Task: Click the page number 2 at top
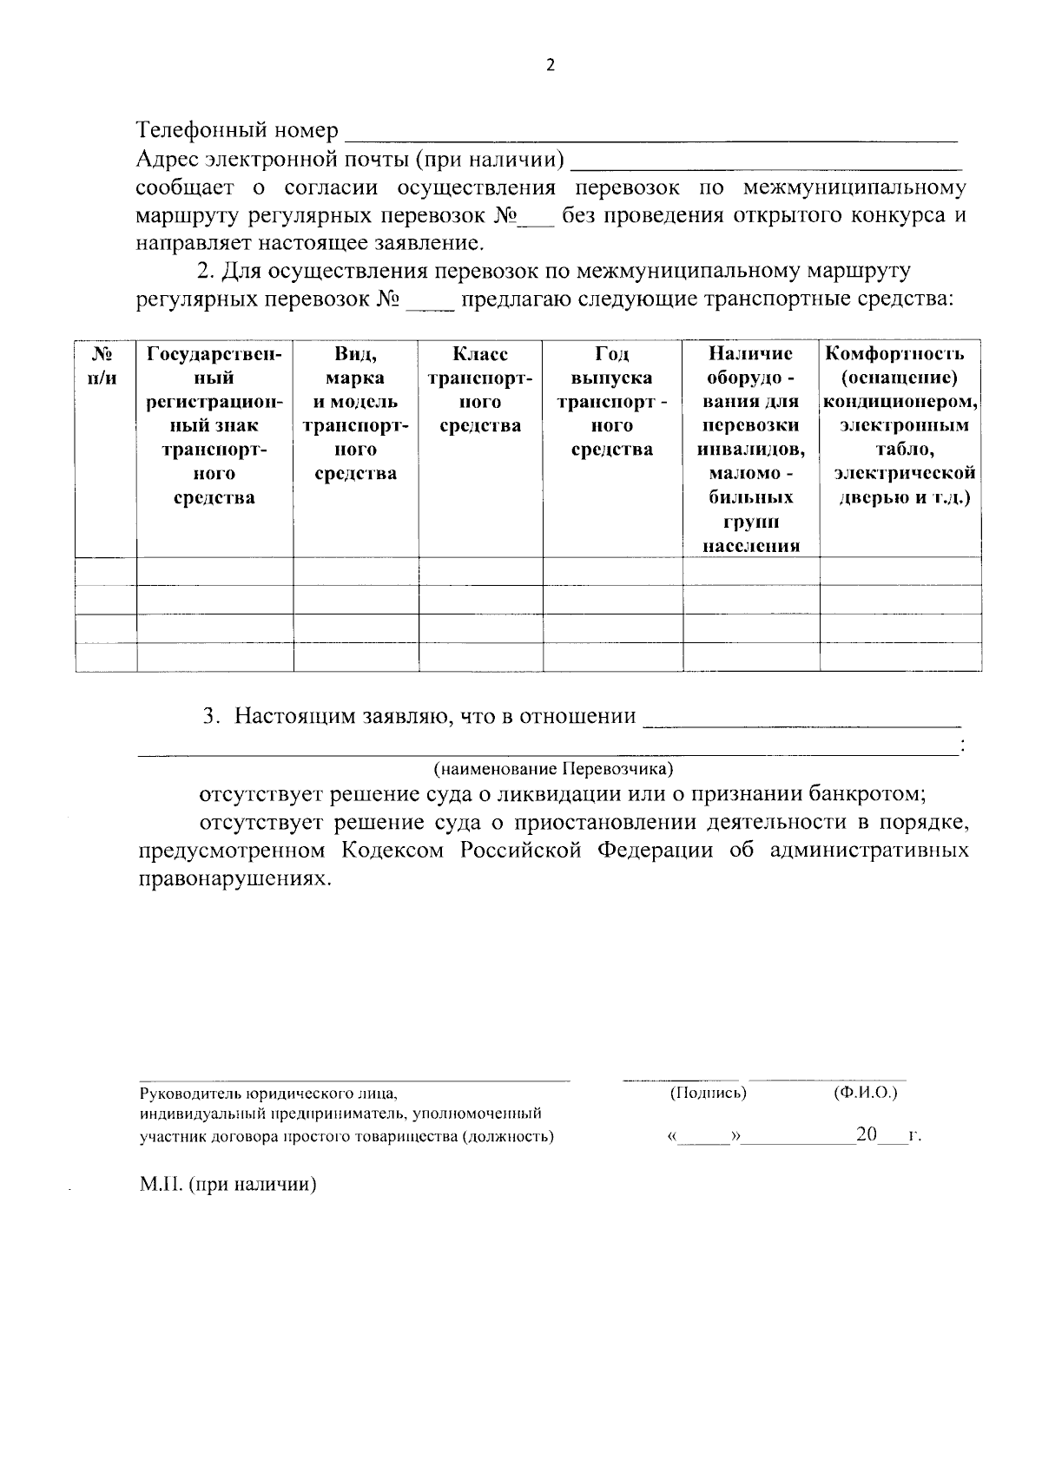point(549,65)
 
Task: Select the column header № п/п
point(105,366)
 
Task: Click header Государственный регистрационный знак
point(214,425)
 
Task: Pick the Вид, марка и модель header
point(355,413)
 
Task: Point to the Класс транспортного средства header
point(480,390)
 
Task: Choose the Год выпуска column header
point(612,402)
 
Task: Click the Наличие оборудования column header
point(750,449)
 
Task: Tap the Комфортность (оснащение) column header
point(900,425)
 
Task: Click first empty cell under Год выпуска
point(612,572)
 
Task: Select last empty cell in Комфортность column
point(900,657)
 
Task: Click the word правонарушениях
point(234,878)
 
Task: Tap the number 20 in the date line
point(867,1134)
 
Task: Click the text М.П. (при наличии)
point(228,1185)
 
